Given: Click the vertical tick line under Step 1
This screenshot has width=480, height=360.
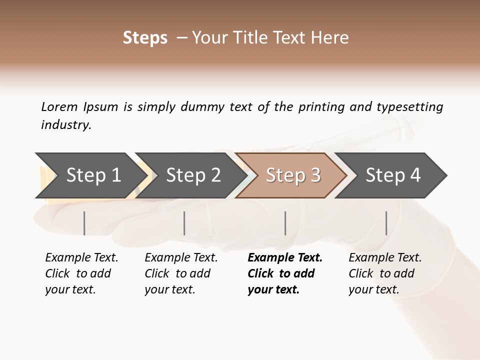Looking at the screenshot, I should pos(84,223).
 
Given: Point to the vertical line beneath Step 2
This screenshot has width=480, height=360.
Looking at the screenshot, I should pos(184,223).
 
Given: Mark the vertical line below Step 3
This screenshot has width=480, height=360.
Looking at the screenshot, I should pos(285,223).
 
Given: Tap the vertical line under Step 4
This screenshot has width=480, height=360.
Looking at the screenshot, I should pos(386,223).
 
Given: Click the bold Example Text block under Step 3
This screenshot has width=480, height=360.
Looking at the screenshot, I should pos(285,273).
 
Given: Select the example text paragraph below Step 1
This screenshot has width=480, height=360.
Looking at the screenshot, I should pos(81,273).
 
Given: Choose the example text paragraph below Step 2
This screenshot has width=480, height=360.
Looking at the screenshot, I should pos(181,273).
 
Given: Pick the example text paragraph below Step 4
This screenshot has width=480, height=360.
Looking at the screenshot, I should pos(385,273).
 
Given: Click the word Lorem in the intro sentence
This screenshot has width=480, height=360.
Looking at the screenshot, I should pos(59,106).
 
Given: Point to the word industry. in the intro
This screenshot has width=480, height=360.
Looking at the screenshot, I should pos(66,125).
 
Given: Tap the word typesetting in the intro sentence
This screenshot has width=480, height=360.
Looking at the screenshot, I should pos(409,107).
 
